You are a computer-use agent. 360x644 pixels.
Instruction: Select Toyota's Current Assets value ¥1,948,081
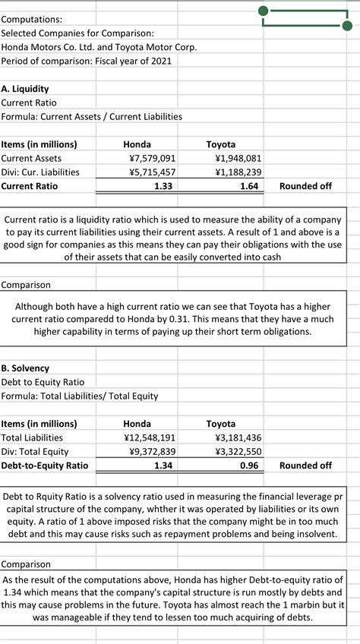238,158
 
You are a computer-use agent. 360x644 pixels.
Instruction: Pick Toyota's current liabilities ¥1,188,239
238,172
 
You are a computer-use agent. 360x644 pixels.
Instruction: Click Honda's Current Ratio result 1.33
162,186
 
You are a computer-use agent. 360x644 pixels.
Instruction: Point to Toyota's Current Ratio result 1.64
248,186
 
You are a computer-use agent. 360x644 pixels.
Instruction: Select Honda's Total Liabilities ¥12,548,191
150,437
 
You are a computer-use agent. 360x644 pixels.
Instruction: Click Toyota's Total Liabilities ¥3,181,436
238,437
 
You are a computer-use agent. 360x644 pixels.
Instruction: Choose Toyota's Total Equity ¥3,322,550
238,451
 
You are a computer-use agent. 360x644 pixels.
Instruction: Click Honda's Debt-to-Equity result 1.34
162,466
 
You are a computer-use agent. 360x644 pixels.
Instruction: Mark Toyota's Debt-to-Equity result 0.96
248,466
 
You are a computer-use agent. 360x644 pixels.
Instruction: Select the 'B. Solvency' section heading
26,368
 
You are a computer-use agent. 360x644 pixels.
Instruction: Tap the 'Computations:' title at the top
32,18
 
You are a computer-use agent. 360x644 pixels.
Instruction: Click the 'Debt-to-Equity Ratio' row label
45,466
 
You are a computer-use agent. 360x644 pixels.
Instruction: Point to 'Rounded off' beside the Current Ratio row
305,186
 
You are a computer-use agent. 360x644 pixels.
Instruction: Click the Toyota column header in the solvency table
221,424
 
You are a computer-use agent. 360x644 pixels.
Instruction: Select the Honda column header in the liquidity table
137,144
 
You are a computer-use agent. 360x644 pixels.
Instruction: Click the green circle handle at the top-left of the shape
263,11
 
